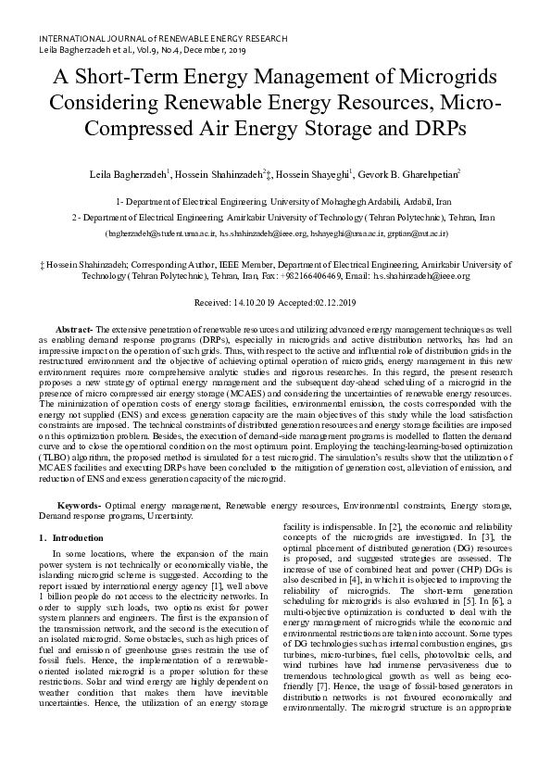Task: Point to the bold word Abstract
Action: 74,330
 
